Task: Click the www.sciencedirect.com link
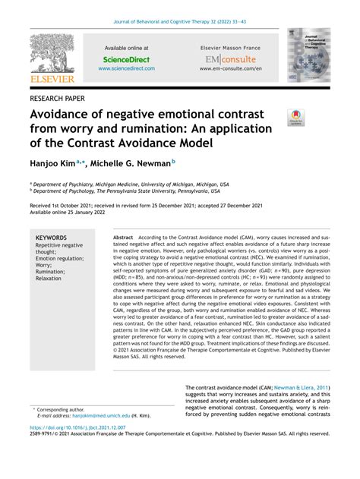click(x=126, y=68)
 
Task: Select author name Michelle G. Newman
click(x=133, y=162)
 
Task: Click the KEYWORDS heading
click(x=52, y=238)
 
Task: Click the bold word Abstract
click(x=123, y=238)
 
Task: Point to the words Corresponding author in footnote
click(x=68, y=408)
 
